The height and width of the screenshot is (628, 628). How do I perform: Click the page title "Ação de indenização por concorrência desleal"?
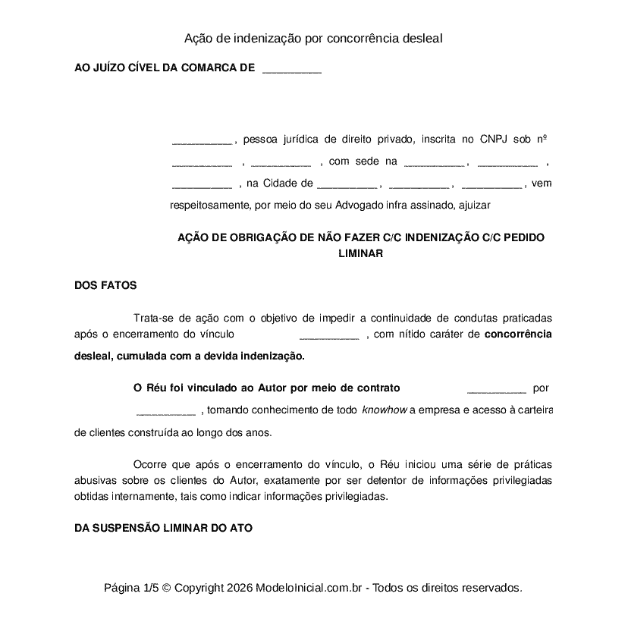coord(313,38)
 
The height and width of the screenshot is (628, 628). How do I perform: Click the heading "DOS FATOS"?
coord(105,286)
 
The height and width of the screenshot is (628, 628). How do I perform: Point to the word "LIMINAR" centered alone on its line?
coord(360,254)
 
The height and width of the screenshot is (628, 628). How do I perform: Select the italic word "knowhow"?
coord(385,411)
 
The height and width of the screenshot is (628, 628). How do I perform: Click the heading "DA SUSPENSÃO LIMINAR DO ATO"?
coord(163,528)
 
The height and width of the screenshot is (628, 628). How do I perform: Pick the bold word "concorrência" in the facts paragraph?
coord(517,334)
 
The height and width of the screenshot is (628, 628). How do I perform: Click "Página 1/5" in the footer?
coord(131,588)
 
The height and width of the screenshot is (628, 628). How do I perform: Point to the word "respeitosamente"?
coord(209,205)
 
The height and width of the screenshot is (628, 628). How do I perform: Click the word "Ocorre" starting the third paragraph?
coord(149,464)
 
